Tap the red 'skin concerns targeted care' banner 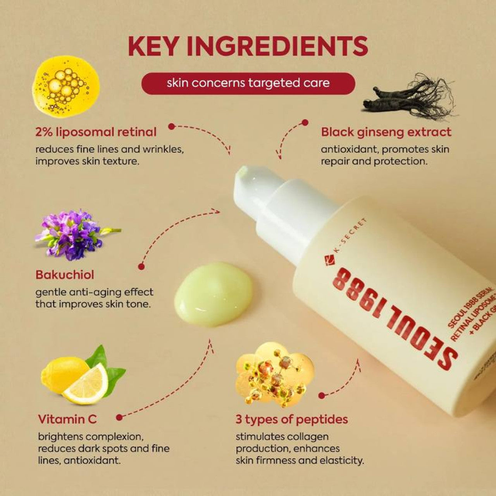pos(248,83)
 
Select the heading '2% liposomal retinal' pos(96,132)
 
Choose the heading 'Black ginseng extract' pos(386,132)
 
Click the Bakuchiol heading pos(65,275)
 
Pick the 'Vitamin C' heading pos(67,419)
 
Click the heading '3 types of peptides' pos(291,419)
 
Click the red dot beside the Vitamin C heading pos(119,417)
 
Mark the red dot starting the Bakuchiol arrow pos(141,266)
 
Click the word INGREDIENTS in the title pos(277,46)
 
